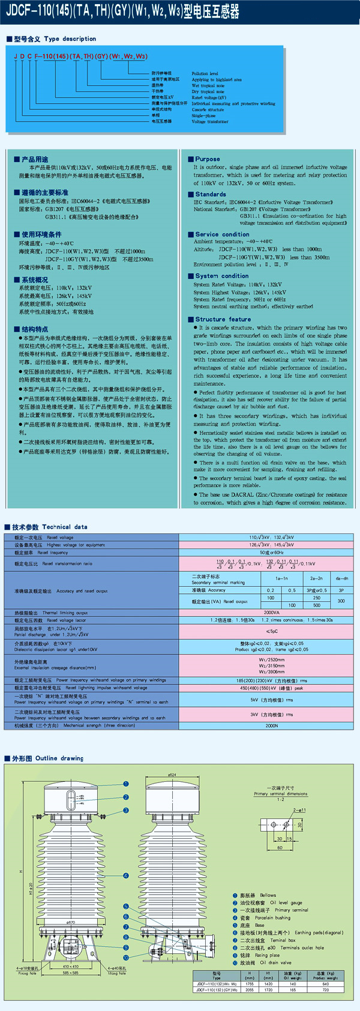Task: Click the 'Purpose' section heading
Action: pos(207,159)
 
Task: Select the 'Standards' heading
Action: pos(210,194)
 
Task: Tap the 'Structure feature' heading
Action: pos(223,319)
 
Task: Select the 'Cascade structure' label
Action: pos(208,110)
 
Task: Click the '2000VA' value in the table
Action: pos(272,613)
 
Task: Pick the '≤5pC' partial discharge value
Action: pos(272,631)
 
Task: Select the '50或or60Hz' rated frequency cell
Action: pos(272,553)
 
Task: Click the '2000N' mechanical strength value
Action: pos(272,725)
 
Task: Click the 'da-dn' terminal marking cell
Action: pos(341,578)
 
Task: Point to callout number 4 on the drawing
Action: pos(126,875)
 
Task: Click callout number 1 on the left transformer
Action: pos(126,784)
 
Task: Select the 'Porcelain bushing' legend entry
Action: pos(264,917)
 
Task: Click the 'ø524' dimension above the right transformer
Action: pos(172,775)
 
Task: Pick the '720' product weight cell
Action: pos(326,989)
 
